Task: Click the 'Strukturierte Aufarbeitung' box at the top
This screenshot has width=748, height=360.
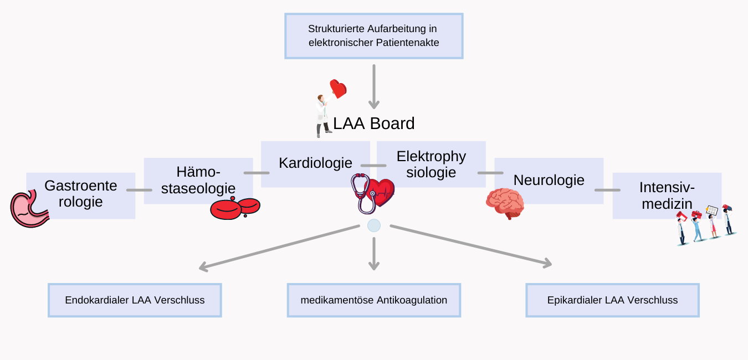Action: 373,36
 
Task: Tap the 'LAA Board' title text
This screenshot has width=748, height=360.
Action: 373,124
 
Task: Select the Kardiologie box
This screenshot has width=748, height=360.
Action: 315,164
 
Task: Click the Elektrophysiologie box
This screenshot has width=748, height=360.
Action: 431,164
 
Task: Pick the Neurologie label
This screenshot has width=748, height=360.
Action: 549,180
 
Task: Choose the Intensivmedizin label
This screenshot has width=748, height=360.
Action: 667,196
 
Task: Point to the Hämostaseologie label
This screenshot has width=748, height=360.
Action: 198,180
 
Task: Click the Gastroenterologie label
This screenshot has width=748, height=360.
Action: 81,193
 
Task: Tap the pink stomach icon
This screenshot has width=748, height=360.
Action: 30,209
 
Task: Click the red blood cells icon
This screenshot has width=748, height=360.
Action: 235,208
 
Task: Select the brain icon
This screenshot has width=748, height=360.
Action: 505,203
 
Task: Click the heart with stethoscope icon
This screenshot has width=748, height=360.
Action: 372,193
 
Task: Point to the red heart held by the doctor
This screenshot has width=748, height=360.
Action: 338,89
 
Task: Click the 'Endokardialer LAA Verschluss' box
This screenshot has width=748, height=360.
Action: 135,300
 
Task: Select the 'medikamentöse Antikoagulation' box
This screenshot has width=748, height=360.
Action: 374,300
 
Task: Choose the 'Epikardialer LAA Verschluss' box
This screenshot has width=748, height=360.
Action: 612,300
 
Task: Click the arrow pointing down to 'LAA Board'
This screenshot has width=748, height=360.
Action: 374,87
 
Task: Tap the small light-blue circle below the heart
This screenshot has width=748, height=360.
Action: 374,225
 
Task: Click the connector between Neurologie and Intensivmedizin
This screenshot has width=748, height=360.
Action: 607,190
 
